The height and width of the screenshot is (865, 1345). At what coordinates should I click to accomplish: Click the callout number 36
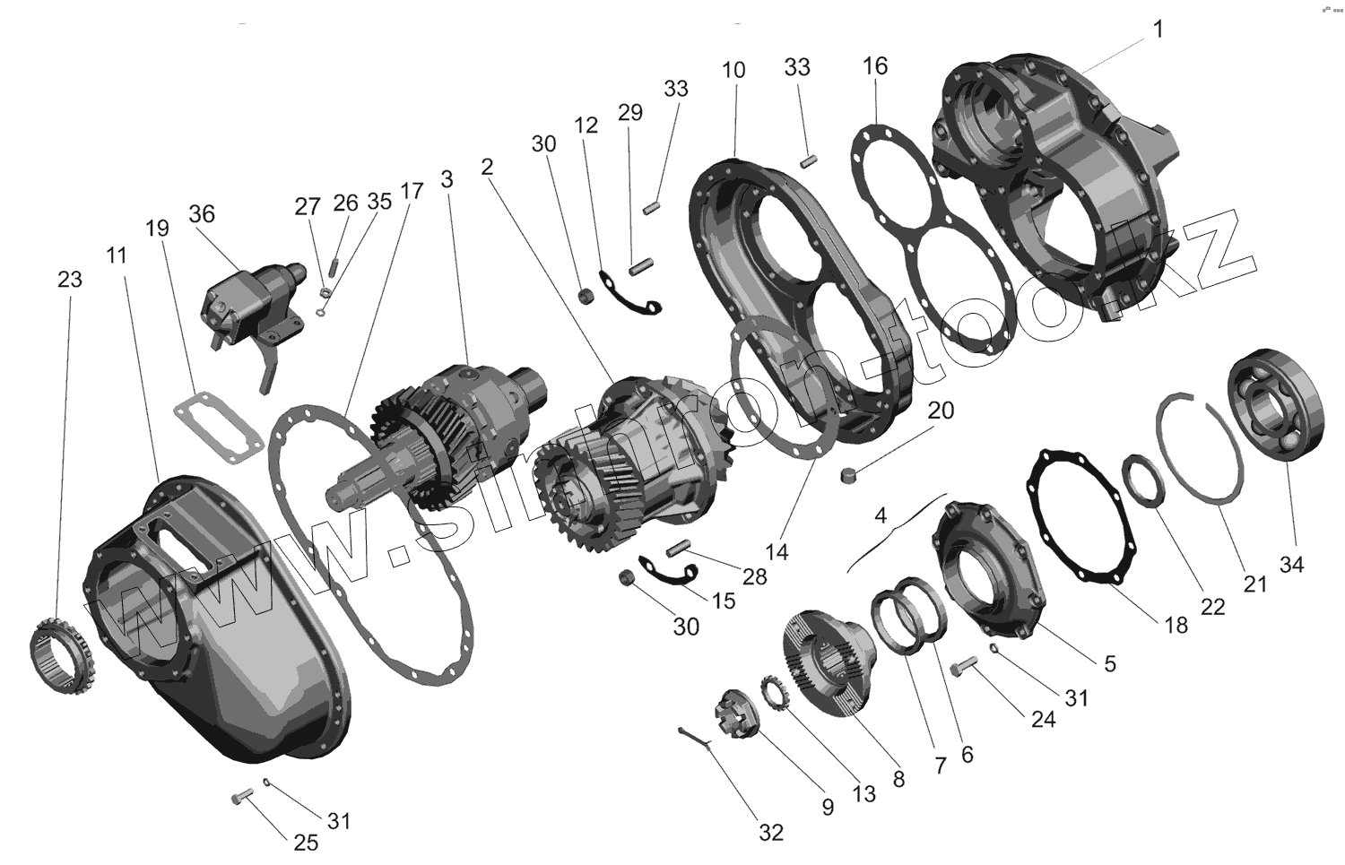click(202, 213)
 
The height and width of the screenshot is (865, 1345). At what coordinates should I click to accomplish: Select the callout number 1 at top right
click(1158, 30)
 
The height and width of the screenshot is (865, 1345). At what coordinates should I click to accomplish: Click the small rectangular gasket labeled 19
click(214, 428)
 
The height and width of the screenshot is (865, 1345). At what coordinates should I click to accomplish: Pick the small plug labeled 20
click(852, 472)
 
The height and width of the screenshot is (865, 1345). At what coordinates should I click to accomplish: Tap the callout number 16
click(875, 65)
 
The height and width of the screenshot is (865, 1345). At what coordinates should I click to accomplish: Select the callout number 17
click(412, 191)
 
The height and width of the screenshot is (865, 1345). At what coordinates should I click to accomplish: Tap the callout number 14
click(777, 552)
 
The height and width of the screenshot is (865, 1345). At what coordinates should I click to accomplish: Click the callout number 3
click(447, 177)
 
